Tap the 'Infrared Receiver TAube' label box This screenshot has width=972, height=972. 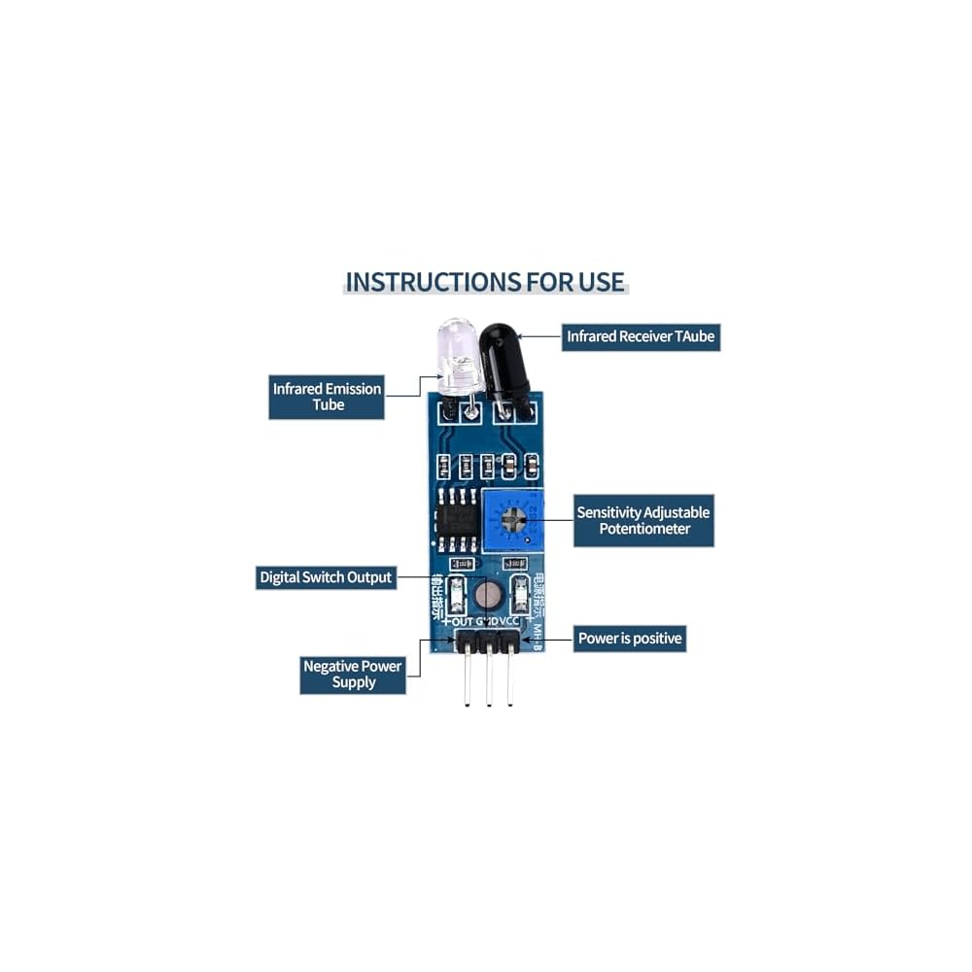642,337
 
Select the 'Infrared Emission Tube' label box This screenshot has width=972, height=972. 327,397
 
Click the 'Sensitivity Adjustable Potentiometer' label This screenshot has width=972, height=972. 643,520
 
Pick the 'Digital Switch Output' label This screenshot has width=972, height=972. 326,577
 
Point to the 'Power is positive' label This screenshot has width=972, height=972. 630,639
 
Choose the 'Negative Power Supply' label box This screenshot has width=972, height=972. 352,674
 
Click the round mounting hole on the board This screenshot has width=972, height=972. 489,594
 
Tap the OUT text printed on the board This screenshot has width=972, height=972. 462,622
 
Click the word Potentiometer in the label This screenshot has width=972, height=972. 643,529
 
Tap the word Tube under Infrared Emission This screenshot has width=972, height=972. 329,405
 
